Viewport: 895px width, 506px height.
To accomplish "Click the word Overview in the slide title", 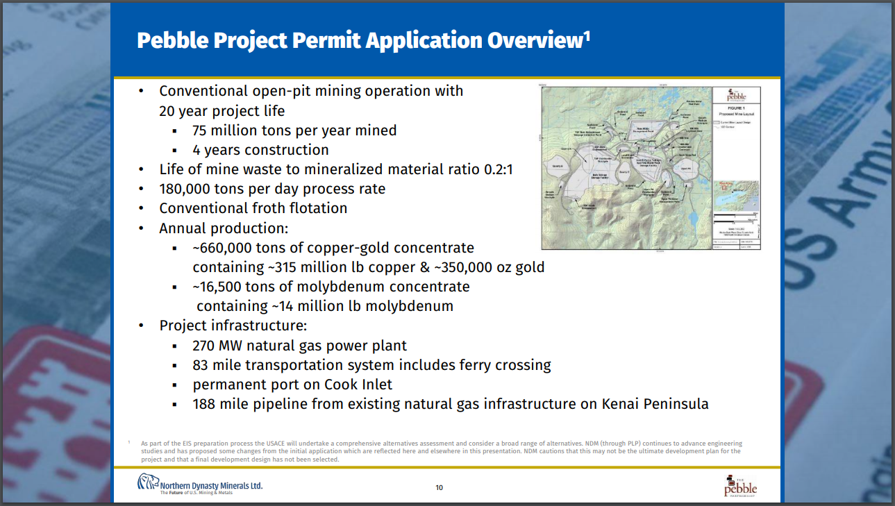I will [x=535, y=40].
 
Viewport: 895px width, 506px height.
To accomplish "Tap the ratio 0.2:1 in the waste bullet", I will [x=499, y=169].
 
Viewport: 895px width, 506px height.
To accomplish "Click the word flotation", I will [x=317, y=208].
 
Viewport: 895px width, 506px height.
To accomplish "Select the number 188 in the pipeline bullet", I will [x=204, y=404].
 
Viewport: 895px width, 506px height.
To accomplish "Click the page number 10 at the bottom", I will [x=439, y=487].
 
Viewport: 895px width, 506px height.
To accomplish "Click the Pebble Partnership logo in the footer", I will [x=739, y=487].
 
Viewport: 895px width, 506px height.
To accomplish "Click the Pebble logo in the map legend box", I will [x=737, y=95].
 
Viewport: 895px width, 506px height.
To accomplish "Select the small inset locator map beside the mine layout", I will [x=737, y=196].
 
